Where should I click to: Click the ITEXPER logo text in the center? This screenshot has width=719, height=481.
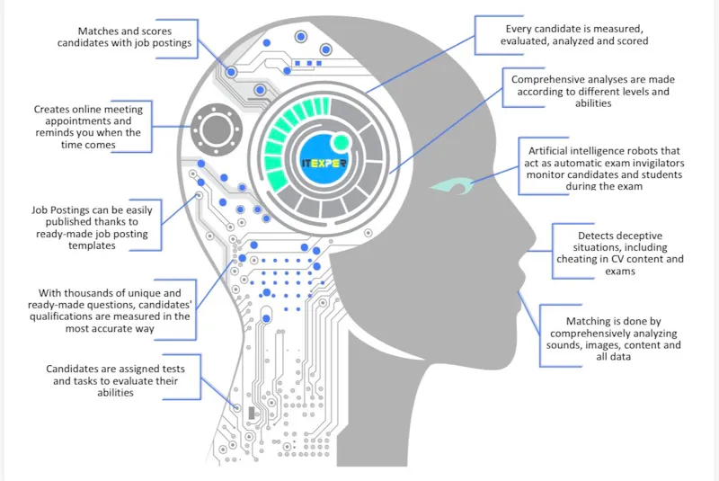pos(324,164)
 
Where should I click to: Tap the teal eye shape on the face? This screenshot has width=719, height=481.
pos(452,186)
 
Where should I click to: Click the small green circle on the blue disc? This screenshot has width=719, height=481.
pos(341,142)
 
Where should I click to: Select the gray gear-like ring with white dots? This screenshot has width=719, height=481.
pos(216,129)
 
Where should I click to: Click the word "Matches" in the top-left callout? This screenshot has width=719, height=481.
pos(94,31)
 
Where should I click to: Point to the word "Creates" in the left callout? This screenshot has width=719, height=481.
pos(50,110)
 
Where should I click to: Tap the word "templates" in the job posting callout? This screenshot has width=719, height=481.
pos(92,245)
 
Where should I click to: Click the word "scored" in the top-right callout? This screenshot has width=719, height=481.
pos(633,41)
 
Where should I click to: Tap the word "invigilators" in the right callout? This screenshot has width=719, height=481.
pos(657,164)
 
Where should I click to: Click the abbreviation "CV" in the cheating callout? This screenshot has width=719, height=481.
pos(617,259)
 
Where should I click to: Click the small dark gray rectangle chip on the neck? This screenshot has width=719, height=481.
pos(252,413)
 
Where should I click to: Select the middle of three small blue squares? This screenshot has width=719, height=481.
pos(309,63)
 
